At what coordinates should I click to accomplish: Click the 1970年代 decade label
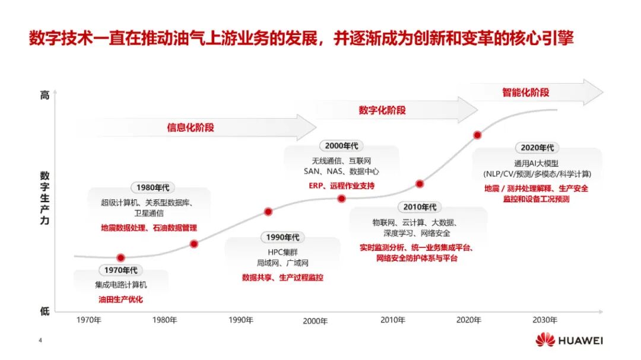[120, 270]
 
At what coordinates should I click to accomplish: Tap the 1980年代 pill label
[153, 187]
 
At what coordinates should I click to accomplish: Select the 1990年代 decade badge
[283, 237]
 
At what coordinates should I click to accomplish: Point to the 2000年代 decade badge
[341, 146]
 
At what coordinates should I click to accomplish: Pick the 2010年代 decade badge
[420, 207]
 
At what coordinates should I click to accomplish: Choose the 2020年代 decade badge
[537, 148]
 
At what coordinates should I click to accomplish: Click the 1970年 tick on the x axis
[88, 320]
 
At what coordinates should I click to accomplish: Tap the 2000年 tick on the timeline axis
[315, 321]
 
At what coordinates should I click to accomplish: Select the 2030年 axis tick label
[544, 320]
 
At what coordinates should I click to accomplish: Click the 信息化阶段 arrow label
[191, 128]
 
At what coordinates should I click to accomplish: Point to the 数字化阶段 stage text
[382, 110]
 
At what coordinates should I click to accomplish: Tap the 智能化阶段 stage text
[526, 93]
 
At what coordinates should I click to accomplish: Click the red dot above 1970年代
[120, 258]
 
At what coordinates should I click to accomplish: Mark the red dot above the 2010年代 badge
[420, 184]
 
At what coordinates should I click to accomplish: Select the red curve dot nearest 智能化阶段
[477, 135]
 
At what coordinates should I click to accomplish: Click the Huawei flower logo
[545, 340]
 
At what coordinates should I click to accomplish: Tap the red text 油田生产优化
[120, 300]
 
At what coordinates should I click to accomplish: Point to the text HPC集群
[283, 252]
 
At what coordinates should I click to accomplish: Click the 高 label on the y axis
[45, 95]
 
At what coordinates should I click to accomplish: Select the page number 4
[40, 340]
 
